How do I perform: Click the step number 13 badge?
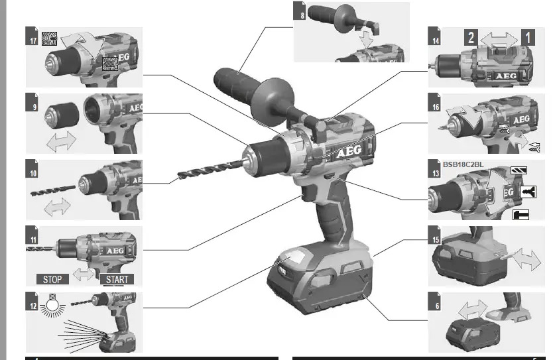point(435,174)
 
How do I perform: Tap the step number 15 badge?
point(435,235)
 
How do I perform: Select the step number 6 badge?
point(435,300)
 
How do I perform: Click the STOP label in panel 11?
point(52,279)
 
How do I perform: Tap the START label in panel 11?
point(116,279)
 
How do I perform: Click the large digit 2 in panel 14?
point(471,38)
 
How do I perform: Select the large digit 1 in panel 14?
point(528,38)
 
